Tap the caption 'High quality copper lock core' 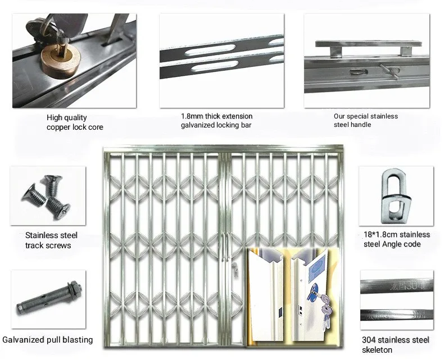(74, 122)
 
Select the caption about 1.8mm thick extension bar (216, 121)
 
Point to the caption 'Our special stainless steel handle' (365, 120)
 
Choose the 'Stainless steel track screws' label (51, 240)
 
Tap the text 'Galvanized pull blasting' (47, 340)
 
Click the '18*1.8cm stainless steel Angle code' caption (396, 239)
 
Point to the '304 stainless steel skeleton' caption (396, 345)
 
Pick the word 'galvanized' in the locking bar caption (198, 125)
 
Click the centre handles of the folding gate (224, 248)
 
